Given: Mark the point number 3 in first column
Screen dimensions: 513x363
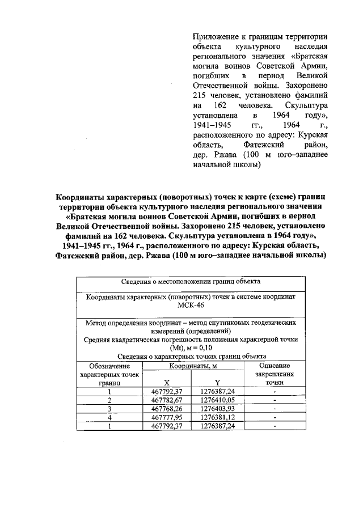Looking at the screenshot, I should click(109, 409).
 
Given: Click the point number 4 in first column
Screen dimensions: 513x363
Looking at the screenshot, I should click(109, 417).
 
